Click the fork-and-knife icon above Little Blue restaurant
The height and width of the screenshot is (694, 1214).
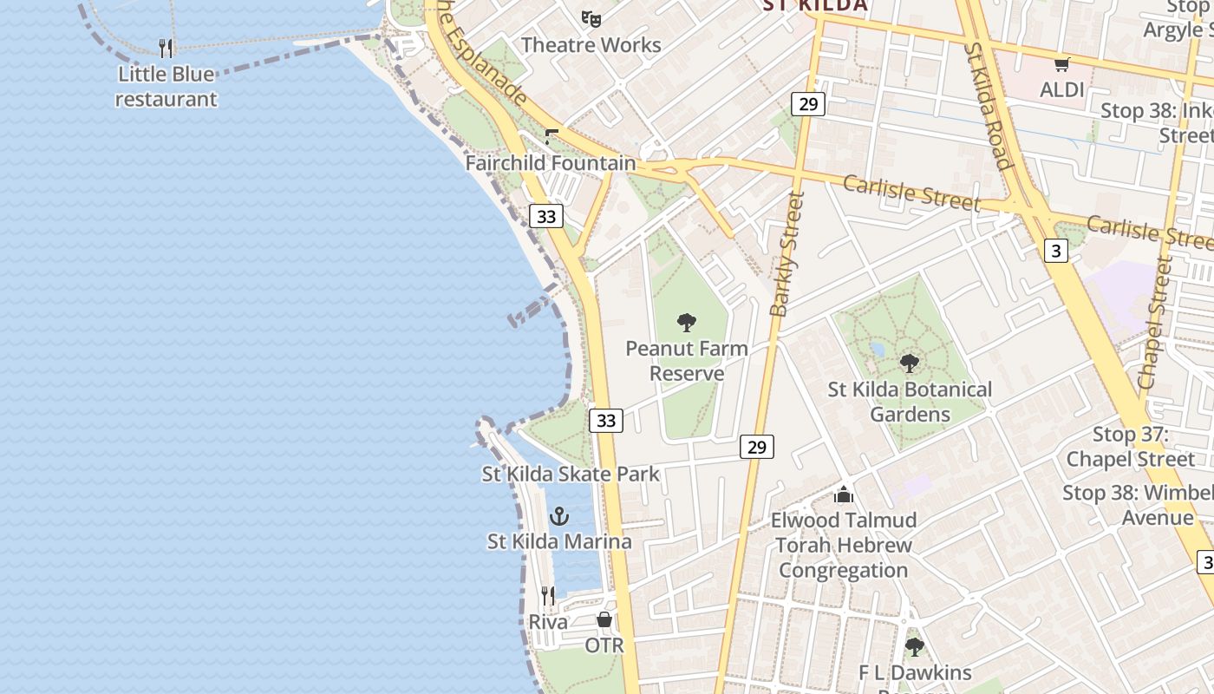coord(166,48)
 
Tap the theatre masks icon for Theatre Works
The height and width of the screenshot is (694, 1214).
coord(591,18)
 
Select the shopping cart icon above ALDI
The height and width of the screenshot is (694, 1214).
coord(1061,64)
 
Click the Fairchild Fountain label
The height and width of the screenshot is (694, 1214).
coord(551,163)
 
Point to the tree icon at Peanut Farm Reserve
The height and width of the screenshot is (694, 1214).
coord(687,324)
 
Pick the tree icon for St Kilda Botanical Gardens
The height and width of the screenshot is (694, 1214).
coord(909,363)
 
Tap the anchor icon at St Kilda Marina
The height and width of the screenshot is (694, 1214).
coord(559,516)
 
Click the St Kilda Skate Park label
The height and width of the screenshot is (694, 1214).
coord(571,474)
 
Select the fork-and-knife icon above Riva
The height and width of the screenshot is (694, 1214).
coord(548,596)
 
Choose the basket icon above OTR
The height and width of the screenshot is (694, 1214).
coord(604,619)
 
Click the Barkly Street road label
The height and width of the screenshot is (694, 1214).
coord(786,254)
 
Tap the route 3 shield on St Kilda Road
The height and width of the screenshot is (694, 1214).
coord(1055,252)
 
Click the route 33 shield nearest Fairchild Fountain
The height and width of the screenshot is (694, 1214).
coord(546,216)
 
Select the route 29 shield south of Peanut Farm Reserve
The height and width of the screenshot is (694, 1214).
coord(757,447)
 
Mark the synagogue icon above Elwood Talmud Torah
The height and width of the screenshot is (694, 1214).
coord(844,494)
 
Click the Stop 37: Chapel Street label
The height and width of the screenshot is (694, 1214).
coord(1130,447)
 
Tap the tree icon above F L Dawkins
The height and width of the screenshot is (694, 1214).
coord(914,647)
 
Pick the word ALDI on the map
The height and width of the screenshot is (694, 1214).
coord(1062,89)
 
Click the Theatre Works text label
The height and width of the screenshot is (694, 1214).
coord(591,45)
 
